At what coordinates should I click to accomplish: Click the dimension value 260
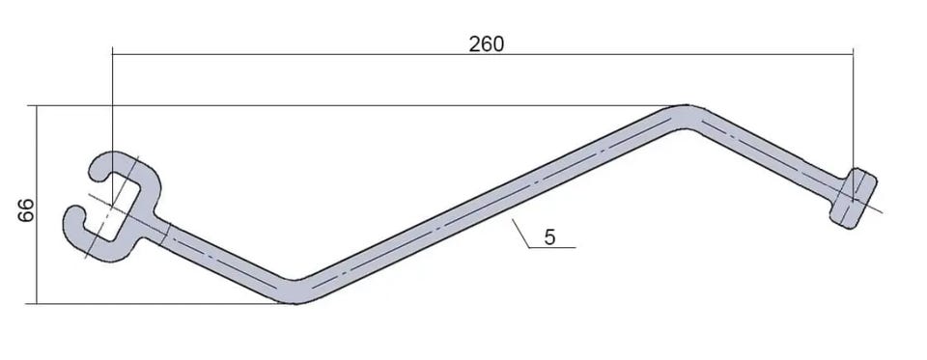[487, 43]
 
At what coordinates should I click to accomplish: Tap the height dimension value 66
[26, 209]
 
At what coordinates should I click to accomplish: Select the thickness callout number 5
[549, 237]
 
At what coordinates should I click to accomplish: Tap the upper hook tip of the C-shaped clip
[97, 173]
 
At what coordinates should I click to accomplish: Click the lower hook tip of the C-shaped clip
[72, 215]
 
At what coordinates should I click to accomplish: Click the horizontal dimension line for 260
[483, 54]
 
